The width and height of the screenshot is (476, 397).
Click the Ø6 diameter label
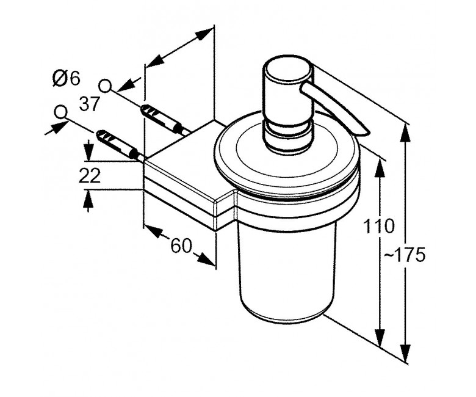click(66, 78)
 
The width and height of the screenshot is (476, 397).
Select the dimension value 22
click(90, 175)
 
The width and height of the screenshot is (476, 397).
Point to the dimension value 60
click(181, 246)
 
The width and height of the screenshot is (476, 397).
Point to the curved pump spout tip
click(364, 131)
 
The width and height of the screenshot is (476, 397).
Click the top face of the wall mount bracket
click(183, 159)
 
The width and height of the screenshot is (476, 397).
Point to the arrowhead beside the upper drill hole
click(128, 84)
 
